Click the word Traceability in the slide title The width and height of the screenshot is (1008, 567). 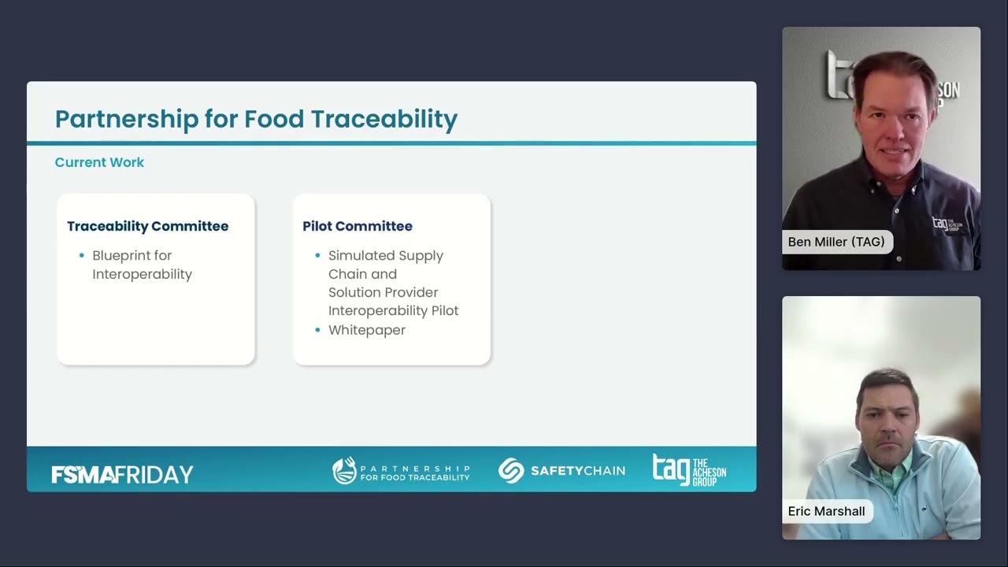point(384,119)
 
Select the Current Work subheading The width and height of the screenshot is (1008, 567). point(99,162)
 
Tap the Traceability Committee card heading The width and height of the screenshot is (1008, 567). point(147,226)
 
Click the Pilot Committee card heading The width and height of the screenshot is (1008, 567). point(358,226)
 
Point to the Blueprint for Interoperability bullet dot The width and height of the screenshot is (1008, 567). point(82,256)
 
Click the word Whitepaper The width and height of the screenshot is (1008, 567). point(366,330)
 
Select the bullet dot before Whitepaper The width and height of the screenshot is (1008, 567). point(318,330)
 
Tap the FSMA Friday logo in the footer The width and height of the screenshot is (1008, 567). point(122,474)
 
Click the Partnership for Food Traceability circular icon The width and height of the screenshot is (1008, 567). point(344,471)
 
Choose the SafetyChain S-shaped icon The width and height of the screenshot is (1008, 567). point(511,471)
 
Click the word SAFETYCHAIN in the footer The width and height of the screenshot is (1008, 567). point(577,471)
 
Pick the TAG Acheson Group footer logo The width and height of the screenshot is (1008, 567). point(689,470)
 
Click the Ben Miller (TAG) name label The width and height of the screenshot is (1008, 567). point(836,242)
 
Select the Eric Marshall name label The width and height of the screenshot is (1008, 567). point(826,511)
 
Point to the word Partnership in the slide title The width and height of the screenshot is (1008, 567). point(127,119)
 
